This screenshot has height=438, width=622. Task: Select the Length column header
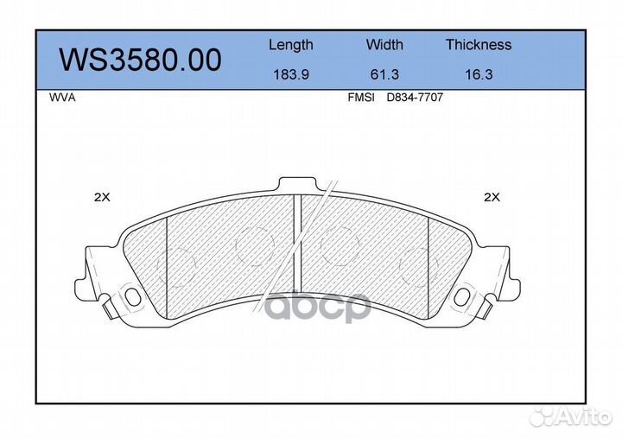pos(290,45)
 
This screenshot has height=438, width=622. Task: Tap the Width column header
pos(384,45)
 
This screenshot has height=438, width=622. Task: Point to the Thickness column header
pos(478,45)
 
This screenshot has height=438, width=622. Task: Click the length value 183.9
pos(290,75)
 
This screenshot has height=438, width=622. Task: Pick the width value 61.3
pos(384,75)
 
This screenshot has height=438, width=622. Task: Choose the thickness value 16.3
pos(478,75)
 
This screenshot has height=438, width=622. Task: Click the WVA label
pos(63,98)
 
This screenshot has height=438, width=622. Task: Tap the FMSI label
pos(360,98)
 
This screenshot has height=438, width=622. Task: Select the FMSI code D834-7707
pos(415,98)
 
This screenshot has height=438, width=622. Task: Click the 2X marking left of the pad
pos(102,197)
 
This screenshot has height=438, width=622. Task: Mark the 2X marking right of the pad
pos(492,197)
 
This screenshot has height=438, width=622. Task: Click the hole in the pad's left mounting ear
pos(132,296)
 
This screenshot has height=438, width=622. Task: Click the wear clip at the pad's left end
pos(107,307)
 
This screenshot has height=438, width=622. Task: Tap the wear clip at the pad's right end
pos(486,307)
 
